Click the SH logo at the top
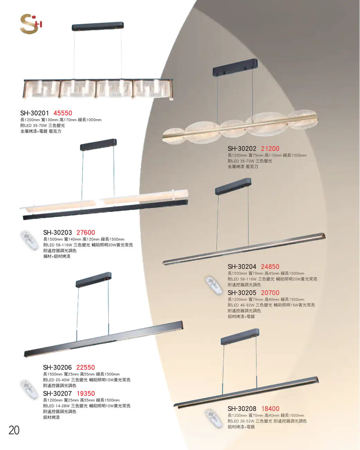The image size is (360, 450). click(x=31, y=24)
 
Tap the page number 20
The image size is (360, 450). click(x=14, y=430)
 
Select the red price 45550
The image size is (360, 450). click(x=63, y=113)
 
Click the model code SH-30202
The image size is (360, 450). click(x=242, y=149)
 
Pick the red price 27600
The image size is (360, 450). click(x=86, y=233)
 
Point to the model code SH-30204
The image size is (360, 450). click(x=242, y=267)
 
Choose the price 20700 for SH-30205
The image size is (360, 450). click(x=270, y=293)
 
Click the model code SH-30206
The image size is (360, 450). click(x=57, y=367)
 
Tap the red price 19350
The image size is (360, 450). click(x=86, y=394)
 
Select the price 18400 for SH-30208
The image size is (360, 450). click(x=270, y=408)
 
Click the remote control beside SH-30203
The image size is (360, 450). click(x=29, y=241)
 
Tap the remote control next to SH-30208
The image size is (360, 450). click(x=214, y=418)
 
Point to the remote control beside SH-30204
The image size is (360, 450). click(x=214, y=285)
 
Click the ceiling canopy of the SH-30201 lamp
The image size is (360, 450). click(x=98, y=26)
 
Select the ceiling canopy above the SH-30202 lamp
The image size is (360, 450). click(x=235, y=67)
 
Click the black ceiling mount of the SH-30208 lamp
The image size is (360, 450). click(x=240, y=336)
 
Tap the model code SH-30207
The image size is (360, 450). click(x=57, y=394)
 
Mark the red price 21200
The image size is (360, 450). click(x=270, y=149)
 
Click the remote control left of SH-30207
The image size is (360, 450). click(x=29, y=389)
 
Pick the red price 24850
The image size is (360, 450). click(x=270, y=267)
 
